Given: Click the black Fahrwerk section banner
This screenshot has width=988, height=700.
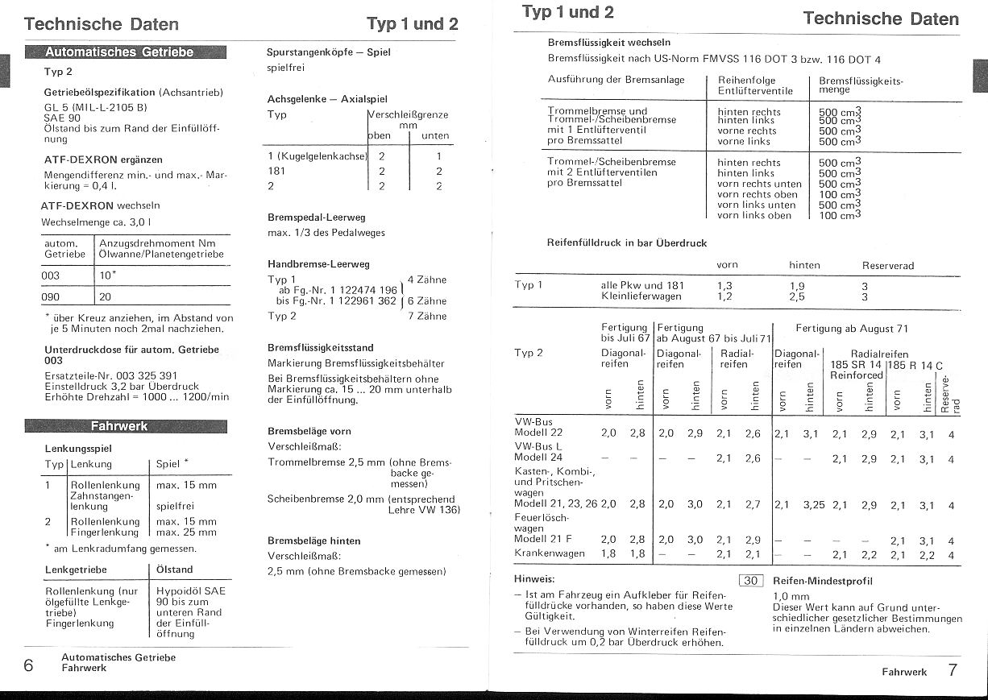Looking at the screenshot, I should point(126,426).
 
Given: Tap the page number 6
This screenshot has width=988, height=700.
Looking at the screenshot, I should point(29,665).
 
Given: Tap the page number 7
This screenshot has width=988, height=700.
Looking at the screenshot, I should point(952,670).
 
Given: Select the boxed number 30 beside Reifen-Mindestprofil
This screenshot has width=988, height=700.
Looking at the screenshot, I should point(751,581).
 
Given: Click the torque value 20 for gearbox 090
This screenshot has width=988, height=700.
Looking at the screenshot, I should point(106,296).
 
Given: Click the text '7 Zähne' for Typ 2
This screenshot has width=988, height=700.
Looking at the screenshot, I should point(427,317).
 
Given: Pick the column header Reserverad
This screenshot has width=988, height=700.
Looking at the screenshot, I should point(887,265).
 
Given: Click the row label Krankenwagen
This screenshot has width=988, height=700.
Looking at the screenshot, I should point(550,553).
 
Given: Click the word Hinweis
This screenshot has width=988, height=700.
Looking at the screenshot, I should point(534,579).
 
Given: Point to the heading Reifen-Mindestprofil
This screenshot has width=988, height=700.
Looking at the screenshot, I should point(822,581).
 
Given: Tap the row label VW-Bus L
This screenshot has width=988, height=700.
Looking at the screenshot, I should point(539,446).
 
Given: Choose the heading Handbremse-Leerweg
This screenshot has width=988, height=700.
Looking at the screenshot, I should point(318,263).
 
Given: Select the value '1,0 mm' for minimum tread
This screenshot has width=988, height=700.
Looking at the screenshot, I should point(791,597).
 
